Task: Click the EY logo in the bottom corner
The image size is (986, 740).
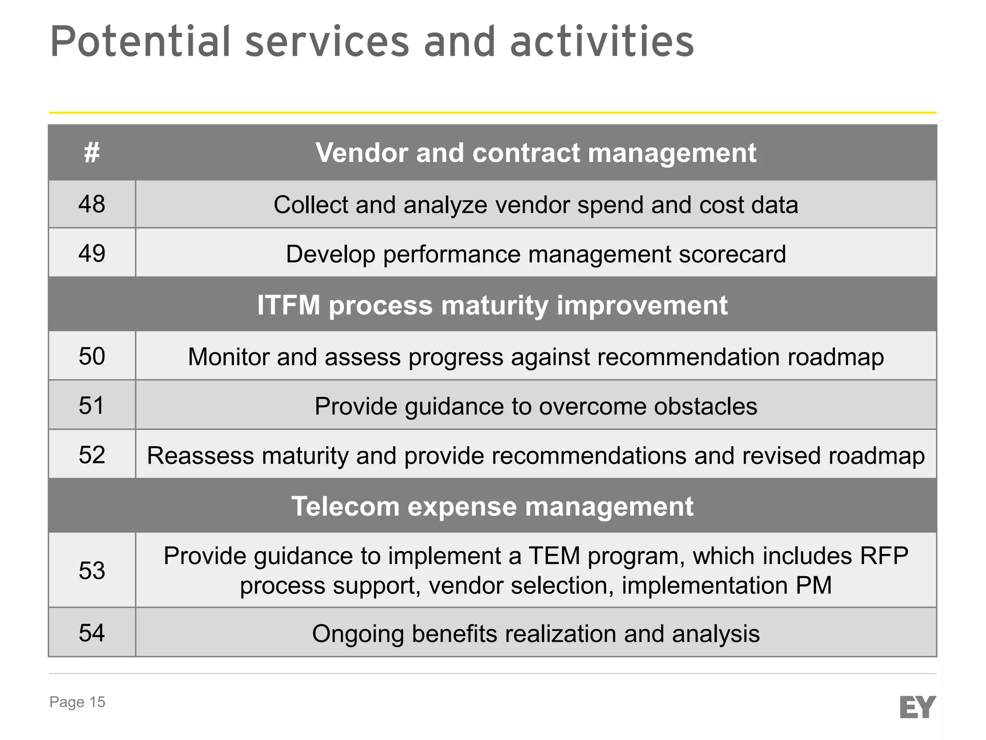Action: pyautogui.click(x=917, y=707)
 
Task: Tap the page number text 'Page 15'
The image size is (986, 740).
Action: pyautogui.click(x=77, y=702)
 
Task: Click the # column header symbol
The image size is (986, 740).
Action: pyautogui.click(x=91, y=153)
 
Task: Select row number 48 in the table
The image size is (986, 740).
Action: pyautogui.click(x=91, y=204)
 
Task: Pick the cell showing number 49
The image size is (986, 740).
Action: pyautogui.click(x=91, y=253)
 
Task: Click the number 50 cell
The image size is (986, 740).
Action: pyautogui.click(x=91, y=357)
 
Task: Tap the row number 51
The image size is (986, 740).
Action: pyautogui.click(x=91, y=406)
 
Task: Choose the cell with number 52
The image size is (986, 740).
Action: pyautogui.click(x=91, y=455)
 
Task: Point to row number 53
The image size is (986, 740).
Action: pyautogui.click(x=91, y=570)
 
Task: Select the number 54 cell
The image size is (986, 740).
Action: pyautogui.click(x=91, y=633)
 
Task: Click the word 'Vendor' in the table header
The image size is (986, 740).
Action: pyautogui.click(x=362, y=153)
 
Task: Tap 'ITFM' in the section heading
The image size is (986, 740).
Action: pyautogui.click(x=288, y=305)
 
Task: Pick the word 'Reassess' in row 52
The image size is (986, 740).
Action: pyautogui.click(x=200, y=455)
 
